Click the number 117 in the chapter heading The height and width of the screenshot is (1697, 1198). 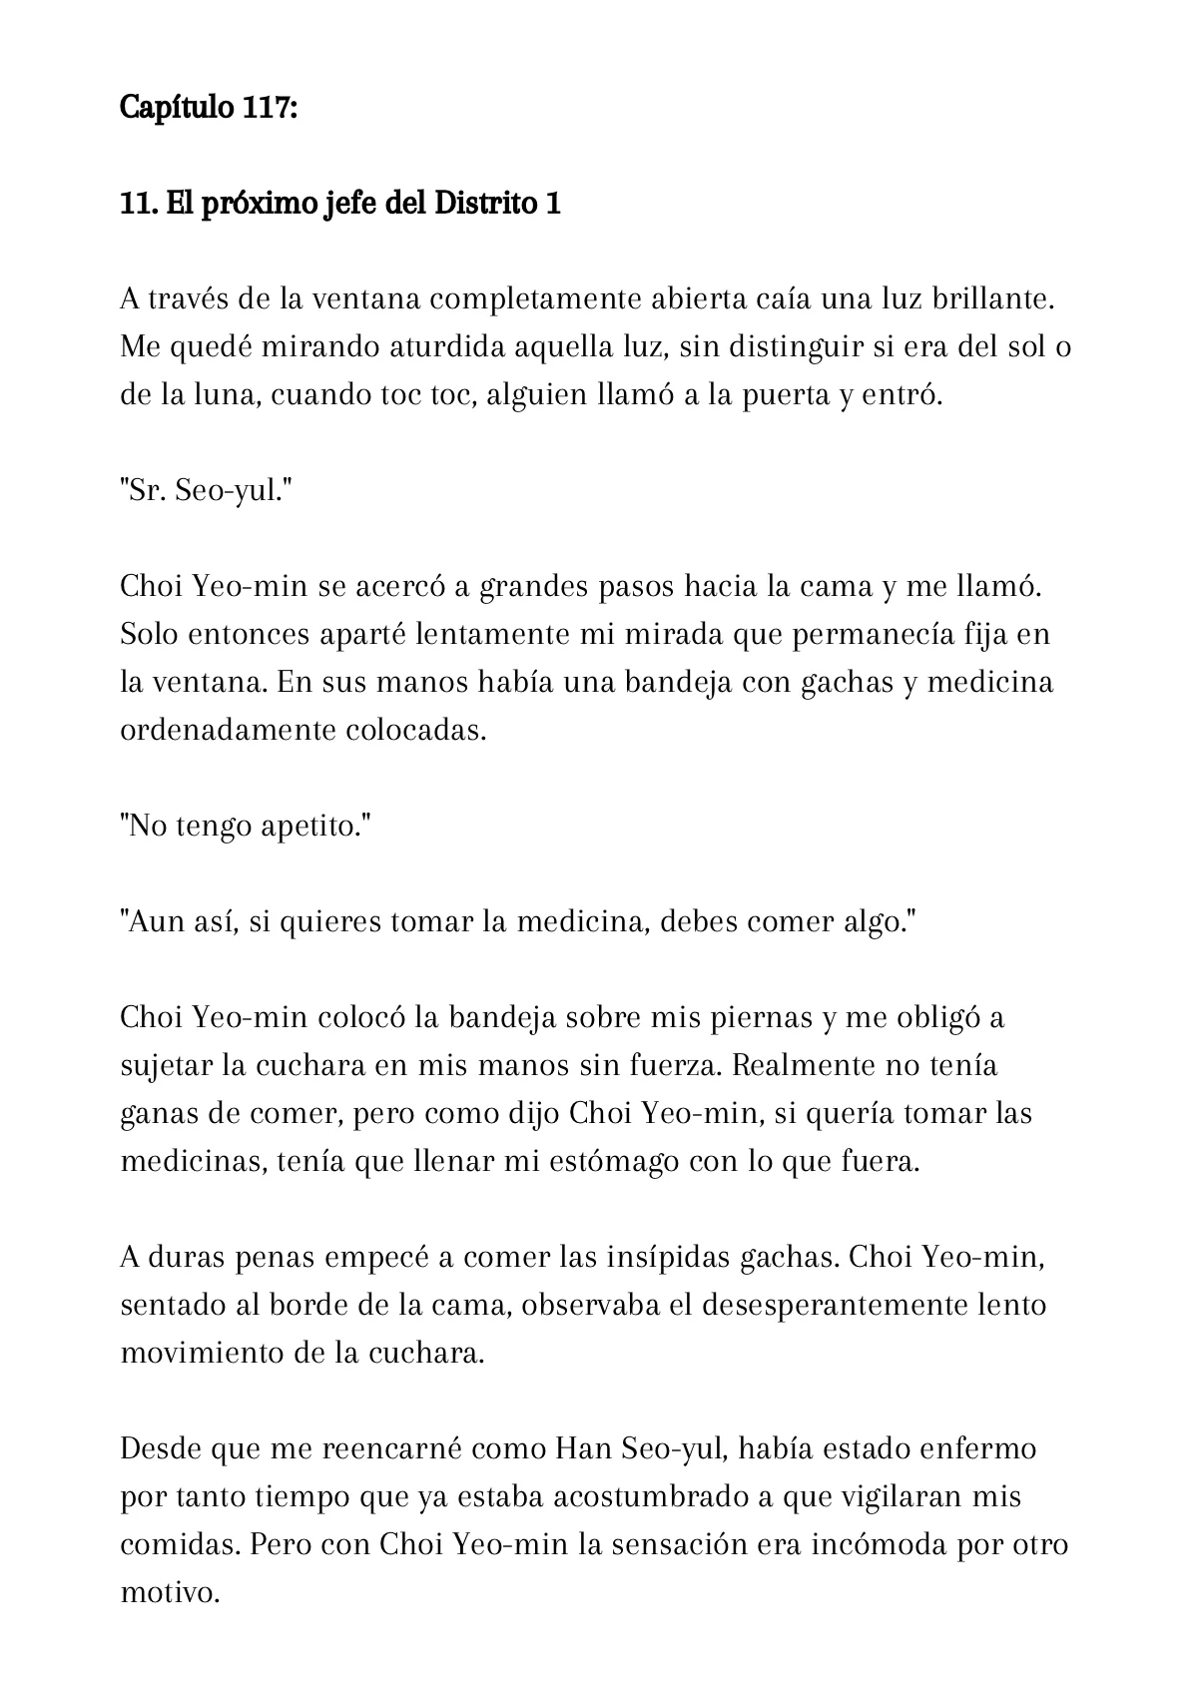pyautogui.click(x=267, y=107)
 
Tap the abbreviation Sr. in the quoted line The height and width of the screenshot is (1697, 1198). pyautogui.click(x=142, y=491)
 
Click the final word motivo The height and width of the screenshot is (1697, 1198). pyautogui.click(x=169, y=1593)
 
